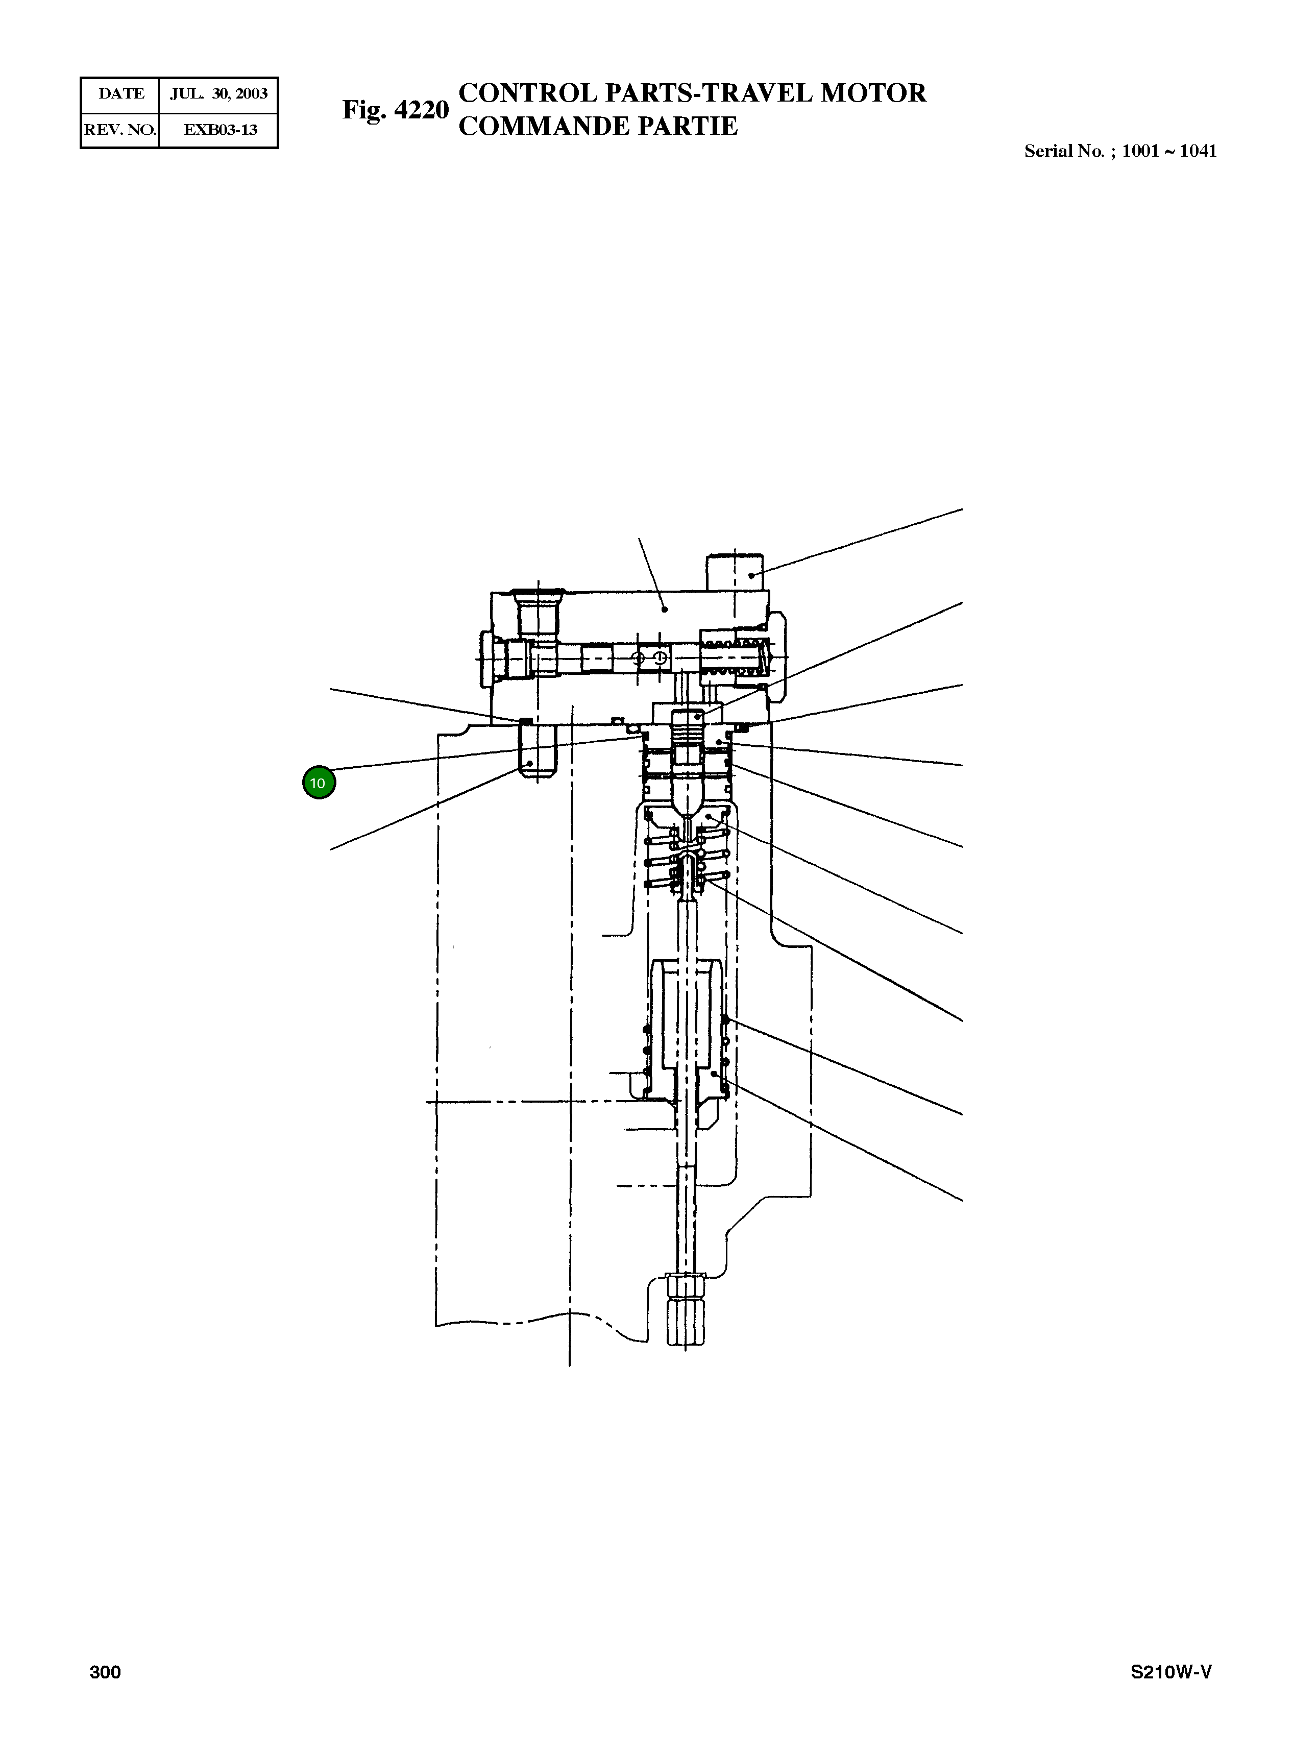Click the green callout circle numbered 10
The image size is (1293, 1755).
(319, 783)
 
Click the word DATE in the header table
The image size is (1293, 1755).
(121, 94)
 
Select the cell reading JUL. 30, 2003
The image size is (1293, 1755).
(219, 94)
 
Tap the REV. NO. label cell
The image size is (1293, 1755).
(120, 130)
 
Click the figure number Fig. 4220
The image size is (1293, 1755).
(395, 110)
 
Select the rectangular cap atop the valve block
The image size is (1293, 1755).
(735, 572)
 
